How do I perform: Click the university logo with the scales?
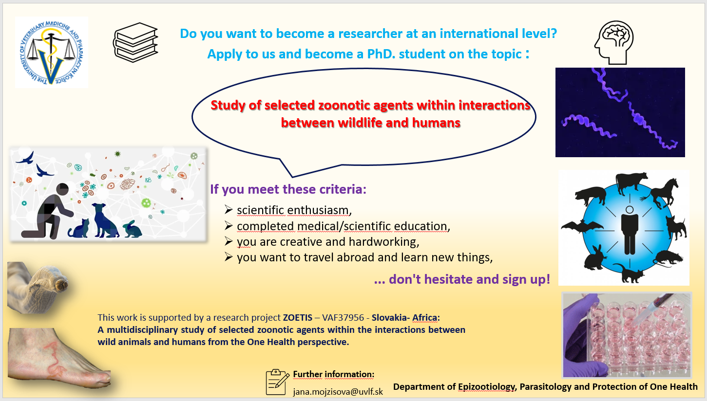click(52, 53)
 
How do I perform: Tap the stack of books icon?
click(136, 42)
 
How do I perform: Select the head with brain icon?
click(614, 42)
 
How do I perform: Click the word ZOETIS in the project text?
click(298, 317)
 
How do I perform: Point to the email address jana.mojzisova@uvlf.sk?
click(338, 392)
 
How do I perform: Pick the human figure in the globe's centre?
click(630, 230)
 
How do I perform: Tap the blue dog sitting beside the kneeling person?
click(105, 220)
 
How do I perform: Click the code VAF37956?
click(343, 317)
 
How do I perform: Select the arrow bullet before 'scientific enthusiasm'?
click(229, 209)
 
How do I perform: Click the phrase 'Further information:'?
click(334, 374)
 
